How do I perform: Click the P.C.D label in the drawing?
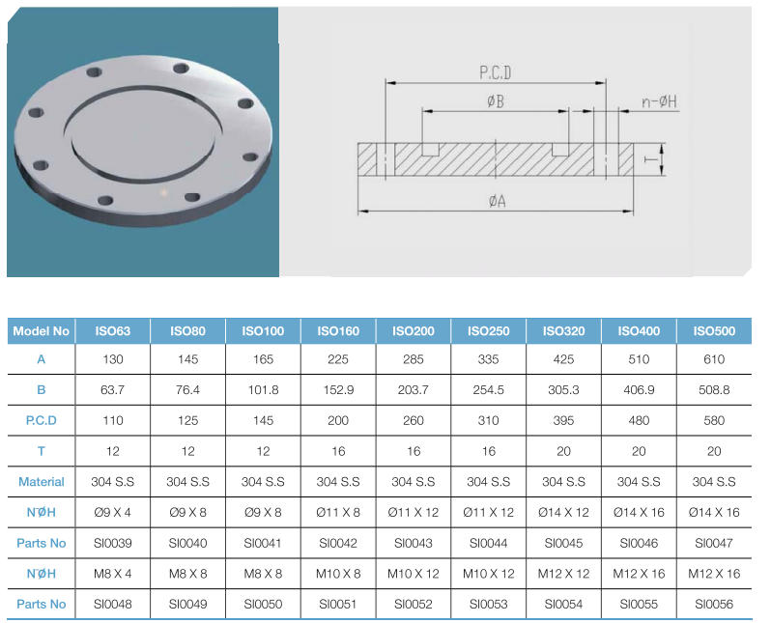tap(495, 72)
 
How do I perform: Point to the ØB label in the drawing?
tap(496, 101)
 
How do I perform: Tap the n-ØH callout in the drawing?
tap(659, 101)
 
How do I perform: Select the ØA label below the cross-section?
tap(498, 201)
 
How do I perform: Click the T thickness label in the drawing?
tap(650, 159)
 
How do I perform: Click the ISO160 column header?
tap(338, 331)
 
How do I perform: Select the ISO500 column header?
tap(714, 331)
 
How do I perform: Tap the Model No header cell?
tap(42, 331)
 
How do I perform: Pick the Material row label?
tap(42, 482)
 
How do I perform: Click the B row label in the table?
tap(42, 390)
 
